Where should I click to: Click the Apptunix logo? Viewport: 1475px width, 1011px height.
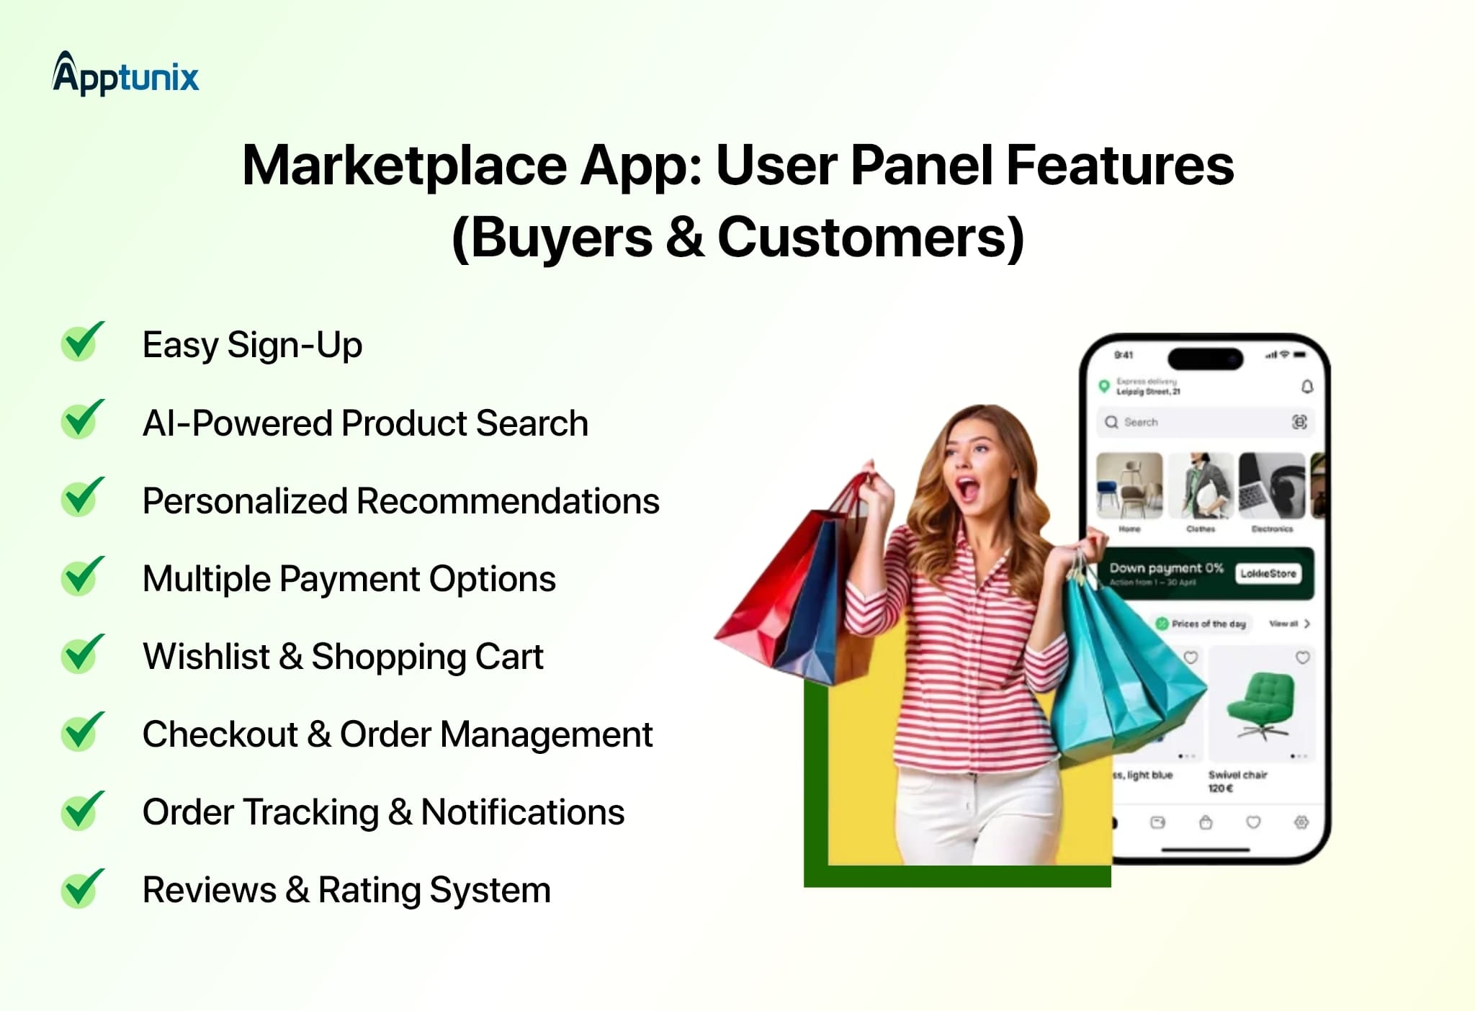pyautogui.click(x=125, y=75)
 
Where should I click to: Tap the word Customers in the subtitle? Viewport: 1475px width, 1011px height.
pyautogui.click(x=870, y=238)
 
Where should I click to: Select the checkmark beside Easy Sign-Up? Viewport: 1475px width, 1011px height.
pyautogui.click(x=82, y=343)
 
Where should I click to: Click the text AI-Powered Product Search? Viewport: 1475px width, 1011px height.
pyautogui.click(x=365, y=423)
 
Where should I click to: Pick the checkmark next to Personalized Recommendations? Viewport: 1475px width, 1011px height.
pyautogui.click(x=82, y=498)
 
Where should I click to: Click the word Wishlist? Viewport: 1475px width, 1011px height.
pyautogui.click(x=206, y=657)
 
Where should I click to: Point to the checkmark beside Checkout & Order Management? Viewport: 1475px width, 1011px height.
pyautogui.click(x=82, y=733)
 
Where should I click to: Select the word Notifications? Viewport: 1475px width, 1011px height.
pyautogui.click(x=522, y=812)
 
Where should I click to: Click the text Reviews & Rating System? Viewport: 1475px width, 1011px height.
pyautogui.click(x=346, y=890)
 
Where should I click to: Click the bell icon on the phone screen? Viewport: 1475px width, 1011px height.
pyautogui.click(x=1307, y=387)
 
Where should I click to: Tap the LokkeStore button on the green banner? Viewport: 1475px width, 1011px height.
pyautogui.click(x=1268, y=573)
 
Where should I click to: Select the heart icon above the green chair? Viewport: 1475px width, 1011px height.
pyautogui.click(x=1302, y=657)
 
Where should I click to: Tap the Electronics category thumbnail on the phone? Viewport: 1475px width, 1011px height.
pyautogui.click(x=1271, y=485)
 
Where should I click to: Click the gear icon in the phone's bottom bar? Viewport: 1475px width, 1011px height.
pyautogui.click(x=1301, y=822)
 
